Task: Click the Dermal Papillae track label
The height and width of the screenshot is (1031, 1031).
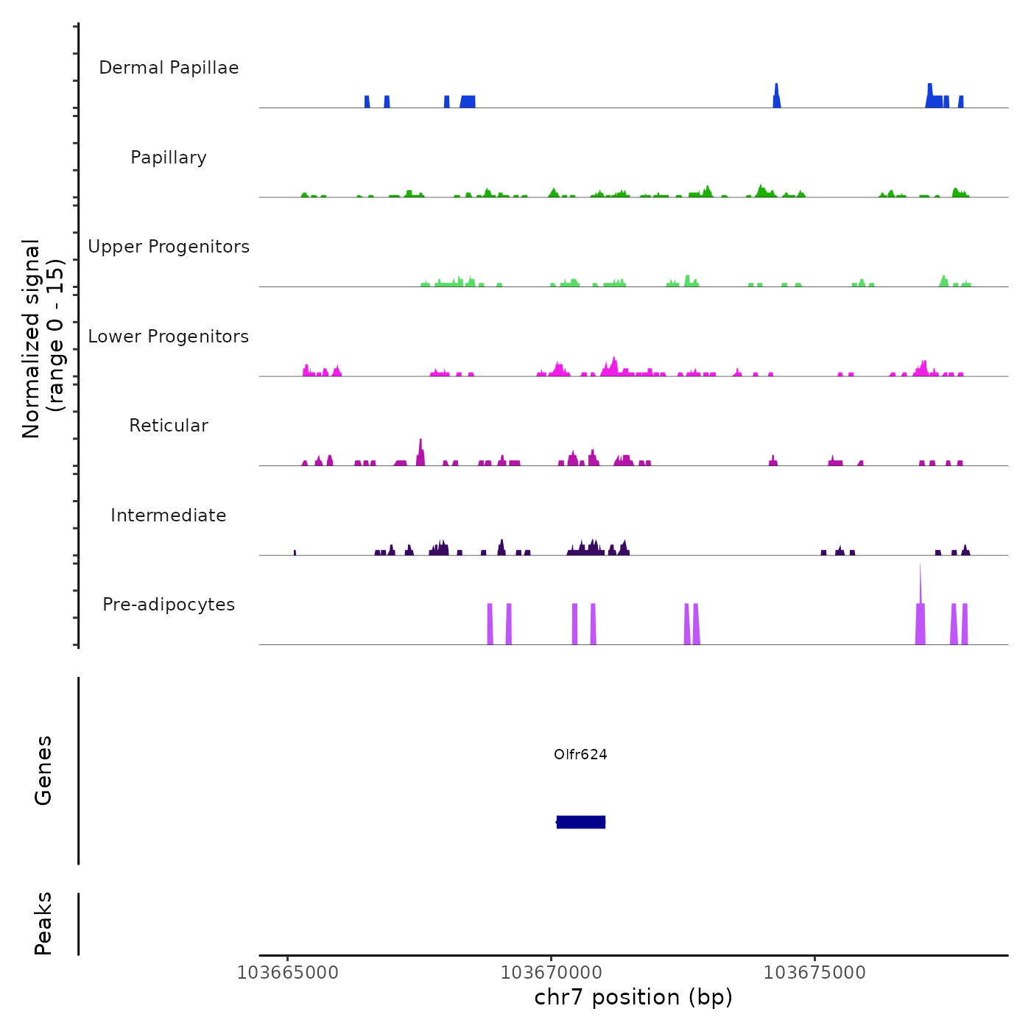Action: point(169,68)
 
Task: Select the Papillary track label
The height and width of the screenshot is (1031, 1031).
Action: point(169,158)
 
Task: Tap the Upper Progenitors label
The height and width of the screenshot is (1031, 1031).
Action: point(169,247)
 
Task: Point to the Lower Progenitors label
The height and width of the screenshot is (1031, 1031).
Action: point(169,337)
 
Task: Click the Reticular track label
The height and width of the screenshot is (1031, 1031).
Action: point(169,426)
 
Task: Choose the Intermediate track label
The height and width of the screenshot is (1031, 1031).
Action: point(169,515)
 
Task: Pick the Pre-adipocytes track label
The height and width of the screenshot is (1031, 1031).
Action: point(169,605)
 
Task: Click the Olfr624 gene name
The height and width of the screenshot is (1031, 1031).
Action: point(580,754)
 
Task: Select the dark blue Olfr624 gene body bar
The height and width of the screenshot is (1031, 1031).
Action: point(581,822)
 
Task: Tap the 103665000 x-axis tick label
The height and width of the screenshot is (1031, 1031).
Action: point(288,973)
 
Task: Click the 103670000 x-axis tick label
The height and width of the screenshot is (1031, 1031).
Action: point(552,973)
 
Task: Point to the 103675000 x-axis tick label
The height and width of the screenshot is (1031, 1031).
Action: point(814,973)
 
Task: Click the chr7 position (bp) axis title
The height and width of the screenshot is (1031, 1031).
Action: point(633,998)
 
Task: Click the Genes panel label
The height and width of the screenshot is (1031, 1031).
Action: point(43,770)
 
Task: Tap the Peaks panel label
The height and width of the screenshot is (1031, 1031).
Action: point(43,923)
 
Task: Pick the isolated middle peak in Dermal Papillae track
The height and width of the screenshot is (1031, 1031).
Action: point(776,96)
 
